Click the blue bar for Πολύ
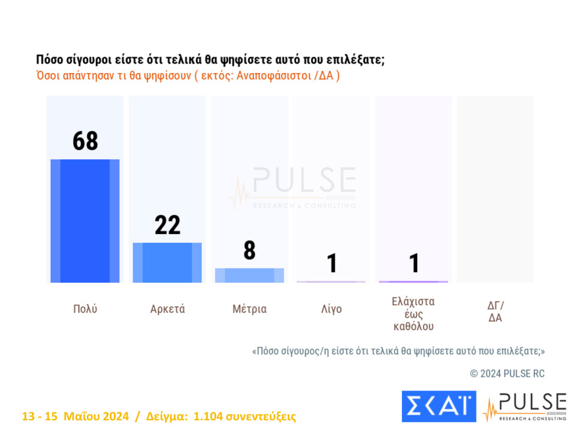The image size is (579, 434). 85,221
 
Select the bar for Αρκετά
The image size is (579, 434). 167,262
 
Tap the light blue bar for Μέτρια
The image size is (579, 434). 249,275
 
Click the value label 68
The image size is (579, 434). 85,141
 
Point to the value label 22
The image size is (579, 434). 167,225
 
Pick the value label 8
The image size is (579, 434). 249,251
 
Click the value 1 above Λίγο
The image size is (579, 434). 332,263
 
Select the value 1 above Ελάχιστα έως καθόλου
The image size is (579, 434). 414,263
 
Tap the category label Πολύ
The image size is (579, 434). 85,309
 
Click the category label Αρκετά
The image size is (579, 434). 167,309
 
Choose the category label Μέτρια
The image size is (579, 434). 249,309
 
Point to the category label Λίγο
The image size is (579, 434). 332,309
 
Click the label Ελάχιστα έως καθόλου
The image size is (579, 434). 413,314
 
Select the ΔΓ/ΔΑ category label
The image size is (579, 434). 495,311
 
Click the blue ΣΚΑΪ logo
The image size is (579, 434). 438,406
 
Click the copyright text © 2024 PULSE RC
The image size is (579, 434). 507,374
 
